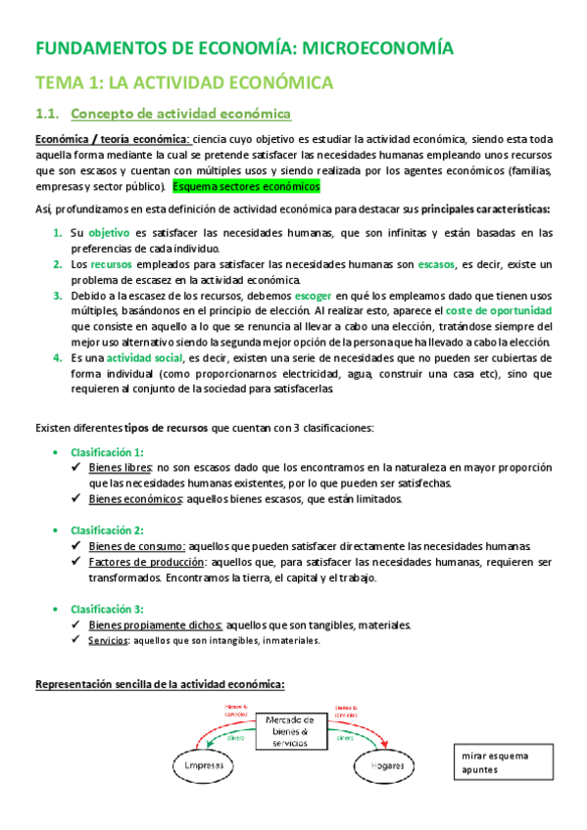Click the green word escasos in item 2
coord(436,264)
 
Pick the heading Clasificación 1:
coord(107,452)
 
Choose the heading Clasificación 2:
coord(107,530)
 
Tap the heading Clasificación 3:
coord(107,608)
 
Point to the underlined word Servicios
coord(107,641)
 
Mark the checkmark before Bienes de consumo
coord(78,546)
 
